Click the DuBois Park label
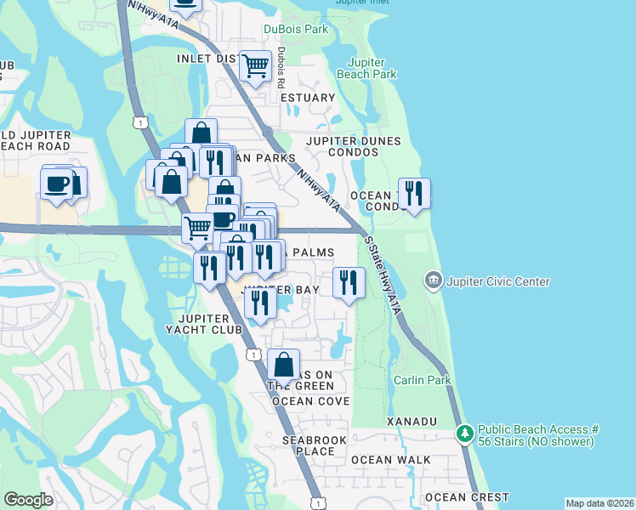click(295, 29)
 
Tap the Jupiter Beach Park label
click(366, 69)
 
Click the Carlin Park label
click(422, 380)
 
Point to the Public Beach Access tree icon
click(464, 433)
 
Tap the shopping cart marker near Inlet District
click(254, 65)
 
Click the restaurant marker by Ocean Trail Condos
click(413, 193)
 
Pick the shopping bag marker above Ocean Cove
click(283, 364)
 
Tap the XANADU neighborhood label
click(412, 422)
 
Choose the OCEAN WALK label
click(390, 460)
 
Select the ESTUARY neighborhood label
click(308, 98)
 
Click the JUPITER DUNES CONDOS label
click(342, 146)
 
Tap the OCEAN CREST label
click(467, 497)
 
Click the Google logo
click(28, 500)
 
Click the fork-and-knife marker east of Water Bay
click(348, 282)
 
